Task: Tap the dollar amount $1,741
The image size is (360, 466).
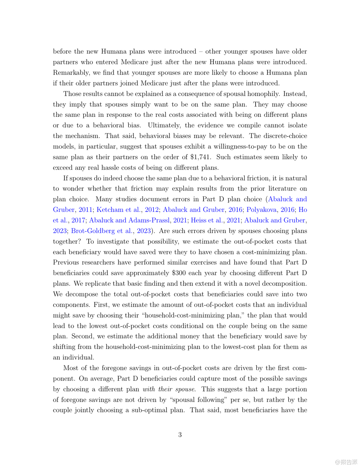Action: pyautogui.click(x=200, y=157)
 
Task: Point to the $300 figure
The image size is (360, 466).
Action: pyautogui.click(x=179, y=273)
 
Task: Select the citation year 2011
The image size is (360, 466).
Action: pyautogui.click(x=85, y=210)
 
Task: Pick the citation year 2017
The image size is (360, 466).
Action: pyautogui.click(x=78, y=220)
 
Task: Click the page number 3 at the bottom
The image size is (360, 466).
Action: pyautogui.click(x=180, y=435)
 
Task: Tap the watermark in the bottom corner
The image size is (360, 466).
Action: pyautogui.click(x=346, y=462)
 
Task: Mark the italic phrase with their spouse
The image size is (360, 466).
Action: pyautogui.click(x=169, y=389)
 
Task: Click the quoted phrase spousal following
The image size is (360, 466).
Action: pyautogui.click(x=198, y=400)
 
